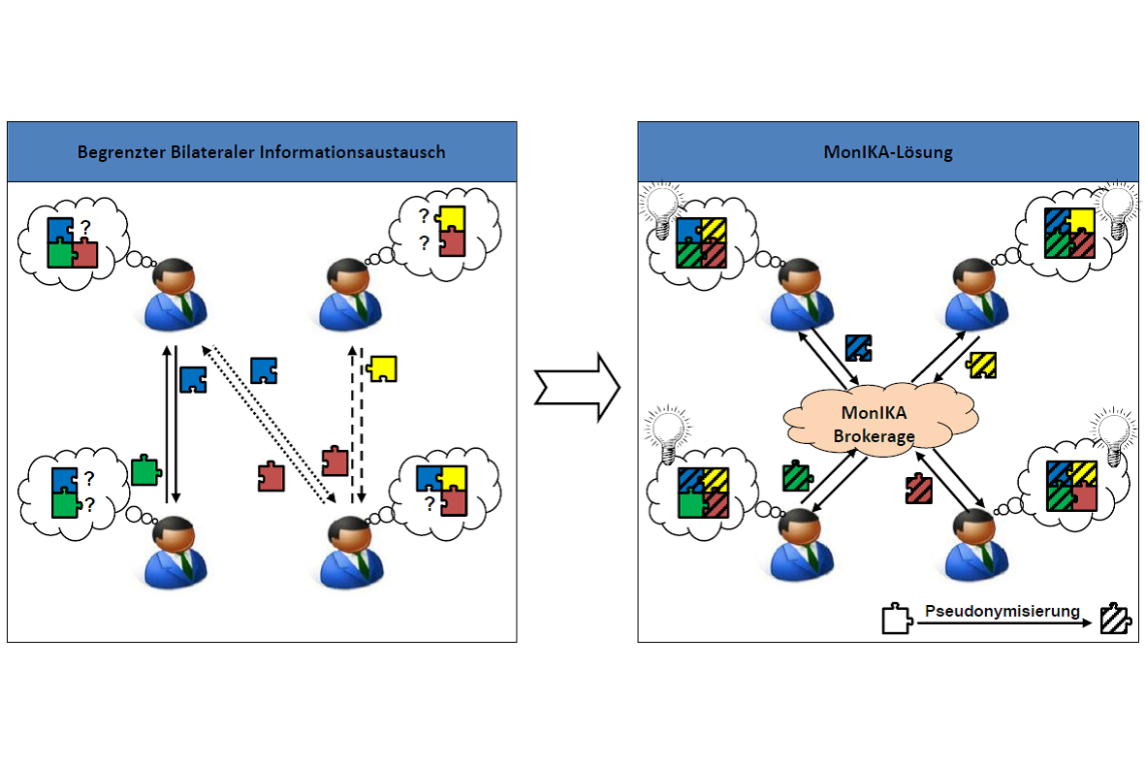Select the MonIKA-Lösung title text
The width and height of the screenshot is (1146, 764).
point(888,153)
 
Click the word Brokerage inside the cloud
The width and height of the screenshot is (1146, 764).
point(875,435)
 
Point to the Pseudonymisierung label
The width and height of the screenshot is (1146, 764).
point(1002,611)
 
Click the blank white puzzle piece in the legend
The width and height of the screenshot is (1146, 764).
point(897,619)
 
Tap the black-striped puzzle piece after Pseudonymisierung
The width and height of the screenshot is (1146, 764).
point(1116,619)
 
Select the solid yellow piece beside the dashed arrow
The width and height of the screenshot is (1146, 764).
point(382,368)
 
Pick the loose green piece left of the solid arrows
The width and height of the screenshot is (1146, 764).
point(146,470)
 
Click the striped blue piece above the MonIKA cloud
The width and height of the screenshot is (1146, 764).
point(858,347)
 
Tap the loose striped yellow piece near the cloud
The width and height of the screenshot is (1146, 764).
point(981,365)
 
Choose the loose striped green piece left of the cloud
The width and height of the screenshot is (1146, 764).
point(797,477)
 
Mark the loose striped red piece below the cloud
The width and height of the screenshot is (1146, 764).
point(919,489)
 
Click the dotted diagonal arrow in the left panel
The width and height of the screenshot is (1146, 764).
point(269,425)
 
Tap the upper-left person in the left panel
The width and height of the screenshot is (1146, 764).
point(175,294)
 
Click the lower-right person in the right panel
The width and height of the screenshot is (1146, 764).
point(976,544)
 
